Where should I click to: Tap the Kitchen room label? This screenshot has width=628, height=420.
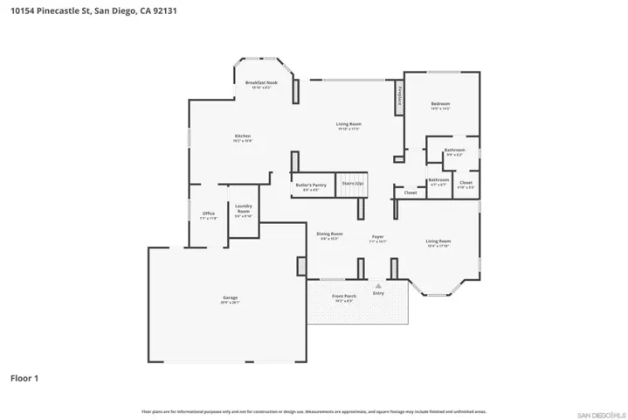pos(243,136)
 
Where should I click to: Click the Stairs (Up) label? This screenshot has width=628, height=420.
pos(354,184)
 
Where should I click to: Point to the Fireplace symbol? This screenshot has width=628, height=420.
pos(399,96)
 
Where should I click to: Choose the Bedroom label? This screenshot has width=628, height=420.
pos(440,104)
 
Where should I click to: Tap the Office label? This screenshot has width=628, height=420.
pos(209,213)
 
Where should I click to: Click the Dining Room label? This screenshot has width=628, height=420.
pos(329,234)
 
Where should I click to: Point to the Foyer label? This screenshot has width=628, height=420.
pos(377,236)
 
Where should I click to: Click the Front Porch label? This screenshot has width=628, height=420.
pos(344,296)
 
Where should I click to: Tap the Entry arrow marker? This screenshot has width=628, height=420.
pos(378,286)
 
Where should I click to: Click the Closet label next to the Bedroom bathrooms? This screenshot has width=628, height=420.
pos(410,192)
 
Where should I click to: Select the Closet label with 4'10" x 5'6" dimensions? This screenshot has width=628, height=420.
pos(466,183)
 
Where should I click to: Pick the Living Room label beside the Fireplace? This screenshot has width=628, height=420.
pos(349,124)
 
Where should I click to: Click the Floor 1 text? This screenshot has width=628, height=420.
pos(24,379)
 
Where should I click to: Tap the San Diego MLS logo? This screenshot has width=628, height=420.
pos(600,411)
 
